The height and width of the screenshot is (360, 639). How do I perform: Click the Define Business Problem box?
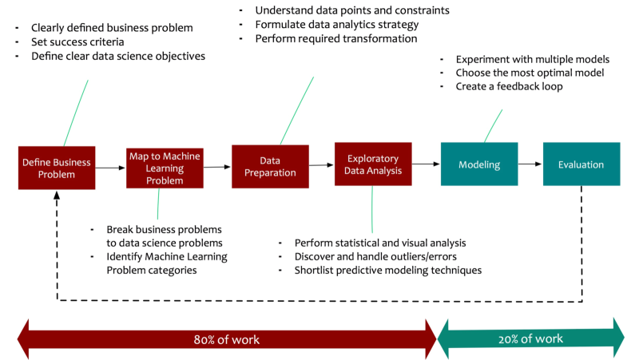pos(57,168)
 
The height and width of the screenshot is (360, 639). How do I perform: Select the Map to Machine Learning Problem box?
pos(165,168)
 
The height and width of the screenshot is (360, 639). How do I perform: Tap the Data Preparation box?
pos(270,166)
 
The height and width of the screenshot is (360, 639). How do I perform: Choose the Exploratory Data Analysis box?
pos(373,164)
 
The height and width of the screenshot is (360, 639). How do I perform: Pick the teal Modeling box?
pos(479,164)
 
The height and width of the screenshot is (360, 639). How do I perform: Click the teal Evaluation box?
pos(581,164)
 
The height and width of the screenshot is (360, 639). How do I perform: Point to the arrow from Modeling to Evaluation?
pos(530,164)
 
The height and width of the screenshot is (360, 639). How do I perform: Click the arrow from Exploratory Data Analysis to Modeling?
pos(426,164)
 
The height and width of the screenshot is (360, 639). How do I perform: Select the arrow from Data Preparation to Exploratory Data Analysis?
pos(322,165)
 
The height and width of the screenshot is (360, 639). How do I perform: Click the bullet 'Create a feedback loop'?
pos(509,86)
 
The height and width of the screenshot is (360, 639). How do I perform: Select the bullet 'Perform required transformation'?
pos(336,38)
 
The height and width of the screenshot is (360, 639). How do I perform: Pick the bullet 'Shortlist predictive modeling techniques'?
pos(387,270)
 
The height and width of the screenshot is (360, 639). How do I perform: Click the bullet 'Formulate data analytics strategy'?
pos(336,25)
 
